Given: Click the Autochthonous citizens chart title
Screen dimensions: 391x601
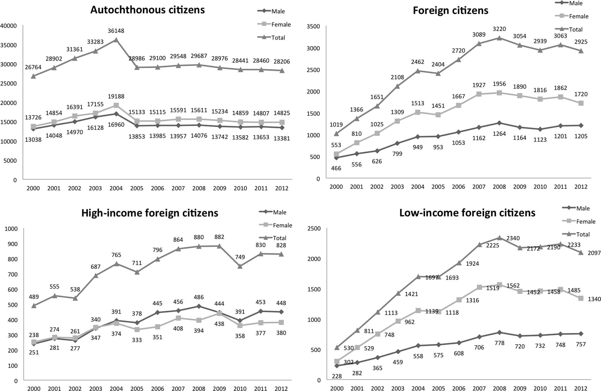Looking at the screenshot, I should [x=147, y=10].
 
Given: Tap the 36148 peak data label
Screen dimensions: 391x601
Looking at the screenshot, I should [x=116, y=31].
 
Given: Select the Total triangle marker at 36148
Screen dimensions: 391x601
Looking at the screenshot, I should [x=116, y=40].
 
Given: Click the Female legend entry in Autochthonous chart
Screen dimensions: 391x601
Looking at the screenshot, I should [x=281, y=25].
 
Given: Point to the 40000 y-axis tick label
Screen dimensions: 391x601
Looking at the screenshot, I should [x=9, y=26].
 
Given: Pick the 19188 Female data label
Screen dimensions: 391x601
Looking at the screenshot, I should [x=116, y=97].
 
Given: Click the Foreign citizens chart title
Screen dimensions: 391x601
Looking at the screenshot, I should [x=450, y=11].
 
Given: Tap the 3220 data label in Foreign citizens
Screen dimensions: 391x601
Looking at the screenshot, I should [x=499, y=29].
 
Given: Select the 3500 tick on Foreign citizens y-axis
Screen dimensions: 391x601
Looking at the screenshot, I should [x=313, y=26].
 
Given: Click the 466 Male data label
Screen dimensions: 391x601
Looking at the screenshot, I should [x=336, y=168].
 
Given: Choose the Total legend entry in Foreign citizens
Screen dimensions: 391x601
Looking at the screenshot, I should [x=576, y=29].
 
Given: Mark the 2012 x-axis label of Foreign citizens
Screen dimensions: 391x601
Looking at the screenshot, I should [x=581, y=187].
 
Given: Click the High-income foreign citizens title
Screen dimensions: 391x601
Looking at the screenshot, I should [x=150, y=213].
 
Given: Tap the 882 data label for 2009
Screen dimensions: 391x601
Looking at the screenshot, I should [x=219, y=237].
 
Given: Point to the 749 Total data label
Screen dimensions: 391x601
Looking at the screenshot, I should [x=240, y=257].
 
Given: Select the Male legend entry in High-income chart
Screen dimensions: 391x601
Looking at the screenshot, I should [x=280, y=212].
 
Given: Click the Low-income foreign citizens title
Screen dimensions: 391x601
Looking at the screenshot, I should [x=467, y=213].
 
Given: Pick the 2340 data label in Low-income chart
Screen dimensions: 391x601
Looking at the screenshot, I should [x=513, y=238].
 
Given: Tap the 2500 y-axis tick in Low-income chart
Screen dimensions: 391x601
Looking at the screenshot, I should [x=314, y=228].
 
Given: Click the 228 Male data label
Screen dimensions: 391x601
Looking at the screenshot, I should [x=337, y=376].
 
